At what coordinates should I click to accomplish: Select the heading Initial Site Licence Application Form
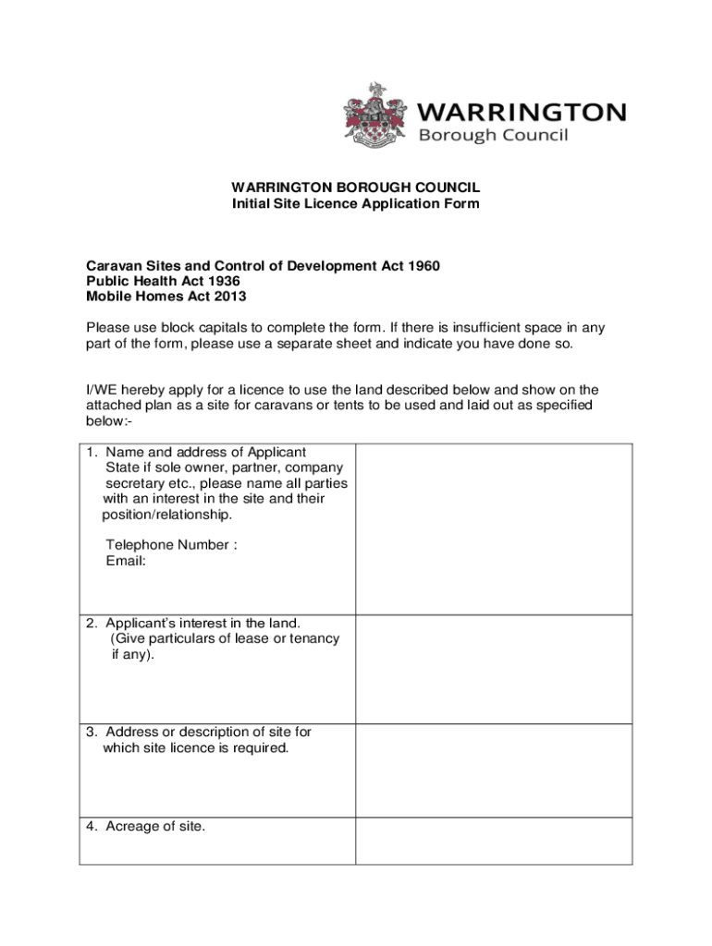[x=355, y=203]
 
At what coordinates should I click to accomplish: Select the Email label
[x=126, y=561]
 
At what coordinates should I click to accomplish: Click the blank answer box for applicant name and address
[x=494, y=528]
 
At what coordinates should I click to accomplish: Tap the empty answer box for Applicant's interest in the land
[x=494, y=669]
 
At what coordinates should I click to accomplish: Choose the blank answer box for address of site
[x=494, y=770]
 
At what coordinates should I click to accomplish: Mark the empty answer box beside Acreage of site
[x=494, y=841]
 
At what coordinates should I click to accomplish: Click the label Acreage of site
[x=154, y=826]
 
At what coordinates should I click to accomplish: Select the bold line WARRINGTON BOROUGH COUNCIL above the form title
[x=356, y=187]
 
